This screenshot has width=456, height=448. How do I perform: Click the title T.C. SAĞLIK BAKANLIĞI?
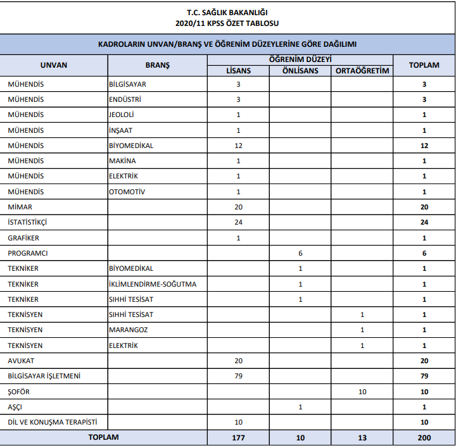pyautogui.click(x=228, y=12)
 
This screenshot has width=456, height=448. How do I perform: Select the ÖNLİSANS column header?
pyautogui.click(x=300, y=70)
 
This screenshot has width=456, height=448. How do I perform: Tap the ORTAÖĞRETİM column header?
pyautogui.click(x=362, y=70)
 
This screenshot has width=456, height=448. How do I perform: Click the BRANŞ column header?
pyautogui.click(x=158, y=65)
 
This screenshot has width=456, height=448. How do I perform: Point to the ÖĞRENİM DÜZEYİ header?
pyautogui.click(x=300, y=59)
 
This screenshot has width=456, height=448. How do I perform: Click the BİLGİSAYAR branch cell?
pyautogui.click(x=129, y=84)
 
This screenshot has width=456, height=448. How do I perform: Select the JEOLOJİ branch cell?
pyautogui.click(x=122, y=115)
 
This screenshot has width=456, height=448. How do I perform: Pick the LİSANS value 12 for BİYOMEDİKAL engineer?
pyautogui.click(x=238, y=146)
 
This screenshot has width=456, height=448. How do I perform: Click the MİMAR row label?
pyautogui.click(x=20, y=207)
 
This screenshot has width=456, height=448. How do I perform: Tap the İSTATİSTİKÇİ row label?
pyautogui.click(x=27, y=222)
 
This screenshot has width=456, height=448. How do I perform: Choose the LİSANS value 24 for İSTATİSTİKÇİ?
pyautogui.click(x=238, y=222)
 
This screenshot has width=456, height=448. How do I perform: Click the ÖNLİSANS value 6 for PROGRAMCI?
pyautogui.click(x=300, y=253)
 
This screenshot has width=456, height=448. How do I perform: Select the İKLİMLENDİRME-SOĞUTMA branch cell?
pyautogui.click(x=153, y=284)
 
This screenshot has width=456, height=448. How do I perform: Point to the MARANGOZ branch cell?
pyautogui.click(x=129, y=330)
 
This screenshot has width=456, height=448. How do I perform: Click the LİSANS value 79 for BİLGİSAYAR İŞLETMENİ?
pyautogui.click(x=238, y=376)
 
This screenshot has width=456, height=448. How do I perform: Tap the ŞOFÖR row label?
pyautogui.click(x=19, y=392)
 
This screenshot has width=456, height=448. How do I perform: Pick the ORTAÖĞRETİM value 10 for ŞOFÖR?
pyautogui.click(x=362, y=392)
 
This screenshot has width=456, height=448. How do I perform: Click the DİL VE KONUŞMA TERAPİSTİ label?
pyautogui.click(x=52, y=422)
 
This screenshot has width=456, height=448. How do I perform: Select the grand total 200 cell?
pyautogui.click(x=424, y=437)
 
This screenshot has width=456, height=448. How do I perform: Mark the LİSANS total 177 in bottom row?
pyautogui.click(x=238, y=437)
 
